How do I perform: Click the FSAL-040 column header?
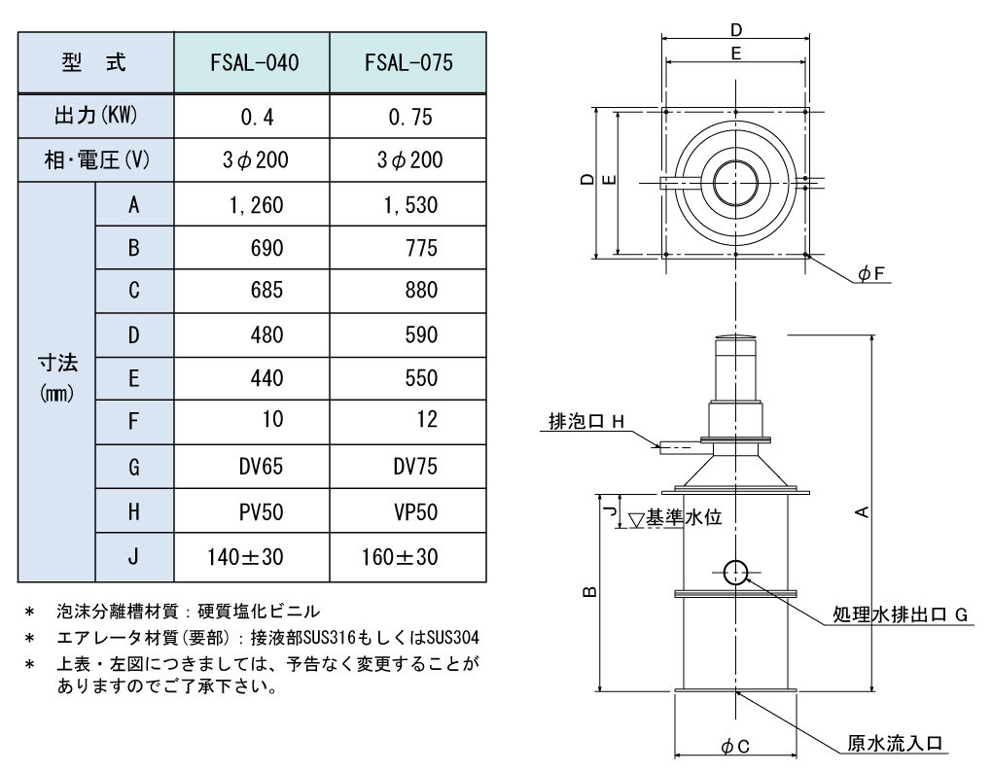click(x=255, y=62)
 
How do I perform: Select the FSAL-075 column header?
click(x=408, y=62)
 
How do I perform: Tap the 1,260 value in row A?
click(x=256, y=205)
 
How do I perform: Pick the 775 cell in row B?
click(x=421, y=248)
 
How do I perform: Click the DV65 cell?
click(x=261, y=467)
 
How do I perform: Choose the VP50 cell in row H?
click(x=415, y=512)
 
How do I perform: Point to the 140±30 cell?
click(x=245, y=557)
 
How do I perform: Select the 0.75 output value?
click(x=410, y=117)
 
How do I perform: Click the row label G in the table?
click(x=133, y=468)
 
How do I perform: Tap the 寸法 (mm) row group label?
click(x=57, y=378)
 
